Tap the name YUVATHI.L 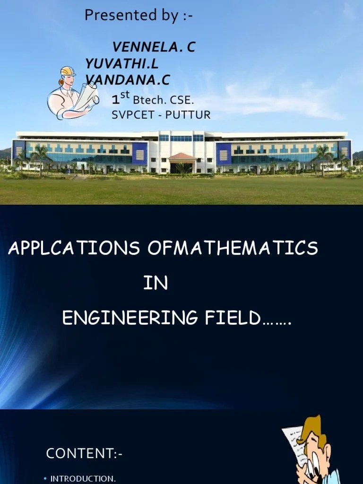point(122,63)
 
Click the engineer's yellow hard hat point(69,71)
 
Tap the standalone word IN point(156,284)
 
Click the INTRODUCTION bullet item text point(83,478)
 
